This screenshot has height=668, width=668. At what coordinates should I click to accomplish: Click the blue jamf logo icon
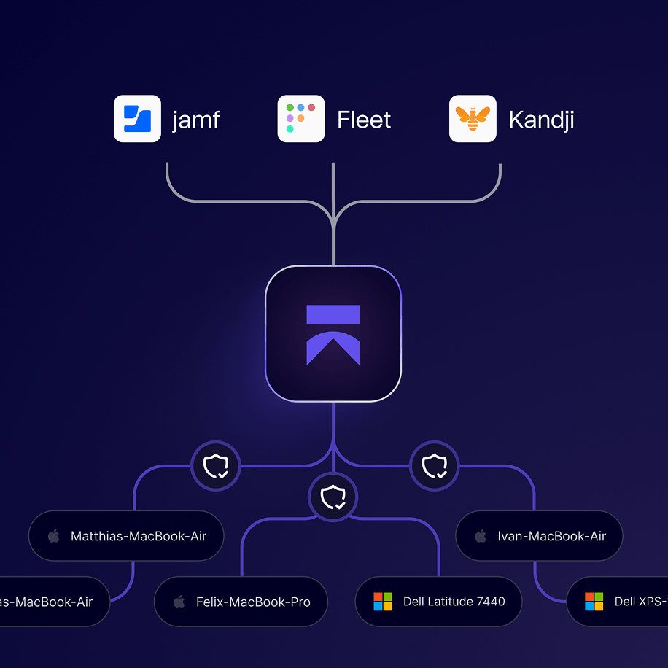137,119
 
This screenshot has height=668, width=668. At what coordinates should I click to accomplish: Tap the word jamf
195,120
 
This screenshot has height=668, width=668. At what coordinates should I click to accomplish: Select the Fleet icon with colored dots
301,119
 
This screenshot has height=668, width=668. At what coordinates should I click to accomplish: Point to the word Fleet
364,120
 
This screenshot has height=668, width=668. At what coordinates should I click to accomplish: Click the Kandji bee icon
473,119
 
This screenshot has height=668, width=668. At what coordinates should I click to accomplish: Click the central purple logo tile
333,334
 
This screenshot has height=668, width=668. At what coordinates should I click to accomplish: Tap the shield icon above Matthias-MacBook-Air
215,465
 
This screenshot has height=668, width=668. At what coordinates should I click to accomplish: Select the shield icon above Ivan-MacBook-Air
435,465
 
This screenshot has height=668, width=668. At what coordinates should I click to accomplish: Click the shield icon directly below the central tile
333,497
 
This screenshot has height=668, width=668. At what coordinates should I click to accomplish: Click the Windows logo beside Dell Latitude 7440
383,602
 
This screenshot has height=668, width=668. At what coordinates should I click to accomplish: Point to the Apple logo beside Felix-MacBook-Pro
179,602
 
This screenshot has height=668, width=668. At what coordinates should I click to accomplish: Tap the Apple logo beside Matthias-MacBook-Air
53,536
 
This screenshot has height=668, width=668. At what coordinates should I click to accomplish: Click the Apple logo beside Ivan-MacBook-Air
480,536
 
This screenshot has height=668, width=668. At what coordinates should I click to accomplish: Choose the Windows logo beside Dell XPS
594,602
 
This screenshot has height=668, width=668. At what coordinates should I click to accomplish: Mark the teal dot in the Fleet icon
290,129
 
